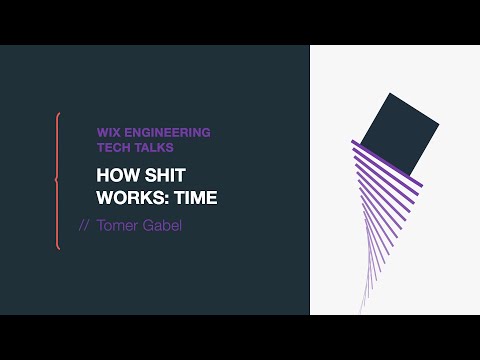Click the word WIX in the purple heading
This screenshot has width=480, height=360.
tap(108, 131)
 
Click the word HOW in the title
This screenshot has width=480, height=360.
tap(114, 175)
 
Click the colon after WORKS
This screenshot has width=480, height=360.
tap(163, 198)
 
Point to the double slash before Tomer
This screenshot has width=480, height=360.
tap(84, 225)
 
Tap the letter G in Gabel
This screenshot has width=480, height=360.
tap(150, 225)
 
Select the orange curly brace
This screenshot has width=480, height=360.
tap(57, 180)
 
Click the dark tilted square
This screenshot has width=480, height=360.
tap(398, 135)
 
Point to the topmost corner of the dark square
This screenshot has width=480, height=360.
tap(389, 93)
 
